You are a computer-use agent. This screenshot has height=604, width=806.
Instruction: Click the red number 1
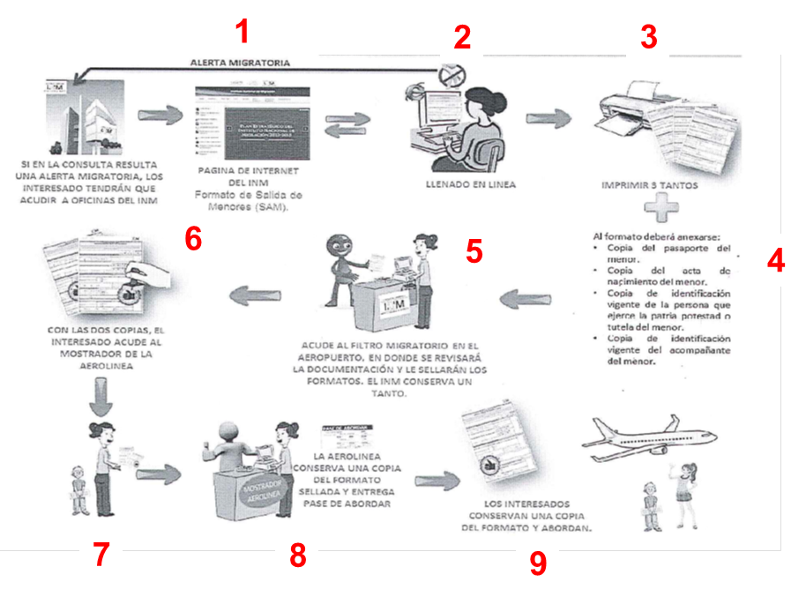[x=243, y=34]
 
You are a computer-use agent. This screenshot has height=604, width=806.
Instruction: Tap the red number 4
[x=775, y=262]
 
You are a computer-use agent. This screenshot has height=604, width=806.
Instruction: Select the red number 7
[x=101, y=555]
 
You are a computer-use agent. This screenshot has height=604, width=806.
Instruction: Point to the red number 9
[x=537, y=564]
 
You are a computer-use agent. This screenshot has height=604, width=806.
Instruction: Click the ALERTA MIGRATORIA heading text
[x=240, y=63]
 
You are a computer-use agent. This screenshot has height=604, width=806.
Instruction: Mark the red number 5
[x=474, y=251]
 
